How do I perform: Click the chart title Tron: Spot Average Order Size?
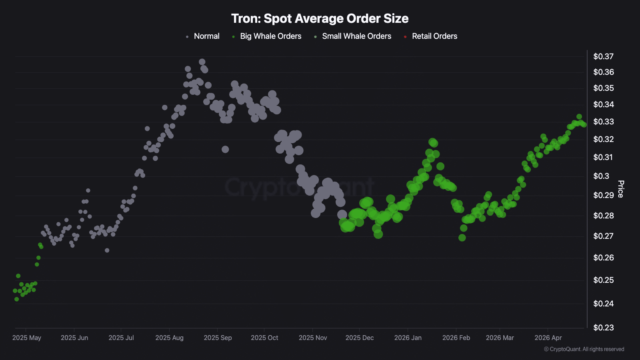pyautogui.click(x=320, y=18)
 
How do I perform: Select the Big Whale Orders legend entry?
pyautogui.click(x=270, y=36)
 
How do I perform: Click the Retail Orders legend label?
pyautogui.click(x=434, y=36)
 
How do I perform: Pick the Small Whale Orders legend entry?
pyautogui.click(x=356, y=36)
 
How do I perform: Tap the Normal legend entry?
pyautogui.click(x=206, y=36)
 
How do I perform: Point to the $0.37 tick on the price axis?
pyautogui.click(x=603, y=56)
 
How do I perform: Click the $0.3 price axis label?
pyautogui.click(x=601, y=176)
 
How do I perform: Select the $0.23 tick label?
pyautogui.click(x=603, y=328)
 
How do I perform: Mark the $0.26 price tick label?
pyautogui.click(x=603, y=258)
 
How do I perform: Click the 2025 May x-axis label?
pyautogui.click(x=27, y=338)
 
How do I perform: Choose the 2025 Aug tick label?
pyautogui.click(x=169, y=338)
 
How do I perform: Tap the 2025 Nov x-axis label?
pyautogui.click(x=313, y=338)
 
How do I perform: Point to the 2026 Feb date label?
pyautogui.click(x=456, y=338)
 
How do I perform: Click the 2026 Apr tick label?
pyautogui.click(x=548, y=338)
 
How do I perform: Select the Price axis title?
pyautogui.click(x=620, y=189)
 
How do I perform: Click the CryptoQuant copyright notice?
pyautogui.click(x=584, y=349)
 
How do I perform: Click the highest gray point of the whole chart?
pyautogui.click(x=202, y=62)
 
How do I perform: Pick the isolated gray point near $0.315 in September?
pyautogui.click(x=225, y=149)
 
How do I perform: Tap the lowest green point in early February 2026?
pyautogui.click(x=462, y=238)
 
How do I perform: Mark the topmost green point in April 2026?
pyautogui.click(x=579, y=116)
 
